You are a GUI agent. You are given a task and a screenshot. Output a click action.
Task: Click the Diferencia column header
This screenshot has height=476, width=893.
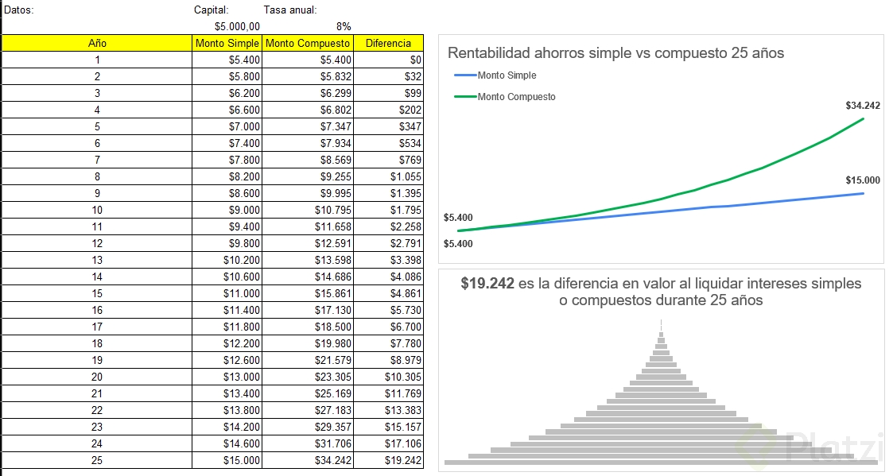pos(388,43)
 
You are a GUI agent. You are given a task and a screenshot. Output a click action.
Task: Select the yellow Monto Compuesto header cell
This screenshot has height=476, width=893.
pos(308,43)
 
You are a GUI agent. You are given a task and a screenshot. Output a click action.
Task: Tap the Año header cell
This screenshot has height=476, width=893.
pos(97,43)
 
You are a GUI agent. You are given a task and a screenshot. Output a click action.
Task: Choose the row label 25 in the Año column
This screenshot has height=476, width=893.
pos(97,460)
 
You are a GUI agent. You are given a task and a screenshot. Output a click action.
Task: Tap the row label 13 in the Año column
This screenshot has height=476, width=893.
pos(97,260)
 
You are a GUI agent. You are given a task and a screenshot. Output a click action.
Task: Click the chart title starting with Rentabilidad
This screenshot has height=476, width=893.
pos(615,53)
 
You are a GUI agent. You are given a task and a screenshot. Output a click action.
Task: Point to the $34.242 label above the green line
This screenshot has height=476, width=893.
pos(863,105)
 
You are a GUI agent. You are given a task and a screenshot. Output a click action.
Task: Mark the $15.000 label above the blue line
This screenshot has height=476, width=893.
pos(863,180)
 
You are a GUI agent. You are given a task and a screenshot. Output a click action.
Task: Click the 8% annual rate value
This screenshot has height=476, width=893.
pos(344,26)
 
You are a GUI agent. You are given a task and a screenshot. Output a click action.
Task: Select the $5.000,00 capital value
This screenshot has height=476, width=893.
pos(237,26)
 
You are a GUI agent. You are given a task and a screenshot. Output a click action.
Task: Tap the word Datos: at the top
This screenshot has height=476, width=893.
pos(19,10)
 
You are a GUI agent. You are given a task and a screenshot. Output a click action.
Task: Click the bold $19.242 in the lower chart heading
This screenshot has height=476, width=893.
pos(487,284)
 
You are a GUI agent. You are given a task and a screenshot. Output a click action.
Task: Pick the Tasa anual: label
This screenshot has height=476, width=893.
pos(289,10)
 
